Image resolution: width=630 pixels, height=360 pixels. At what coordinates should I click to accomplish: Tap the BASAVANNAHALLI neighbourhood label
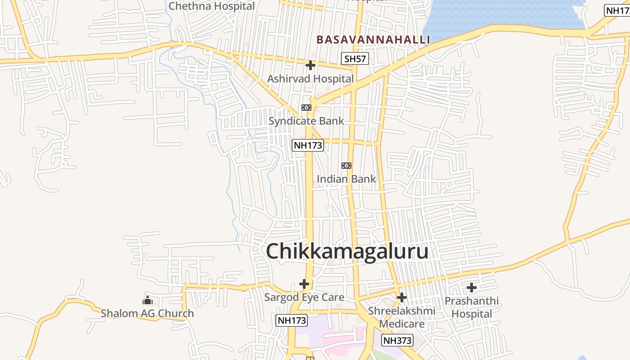(x=373, y=40)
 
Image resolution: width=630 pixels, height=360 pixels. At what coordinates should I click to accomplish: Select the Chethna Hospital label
(x=211, y=6)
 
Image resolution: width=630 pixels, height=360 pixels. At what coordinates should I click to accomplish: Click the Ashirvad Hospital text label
(x=310, y=79)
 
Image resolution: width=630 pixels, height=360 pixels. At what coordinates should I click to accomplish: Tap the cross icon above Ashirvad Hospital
(x=310, y=66)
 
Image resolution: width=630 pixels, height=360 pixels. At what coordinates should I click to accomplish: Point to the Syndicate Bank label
(x=306, y=121)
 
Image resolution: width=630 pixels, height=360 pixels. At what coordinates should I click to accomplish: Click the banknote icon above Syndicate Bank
(x=306, y=108)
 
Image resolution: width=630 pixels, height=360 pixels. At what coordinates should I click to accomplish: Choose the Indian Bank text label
(x=346, y=179)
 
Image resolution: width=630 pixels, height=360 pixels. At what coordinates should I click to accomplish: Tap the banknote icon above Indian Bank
(x=346, y=166)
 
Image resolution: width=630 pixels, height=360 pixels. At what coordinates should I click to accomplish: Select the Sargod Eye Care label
(x=304, y=297)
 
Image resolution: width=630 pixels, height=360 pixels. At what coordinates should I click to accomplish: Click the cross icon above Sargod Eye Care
(x=304, y=284)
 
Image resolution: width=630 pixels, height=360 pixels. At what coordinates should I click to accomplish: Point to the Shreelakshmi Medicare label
(x=401, y=317)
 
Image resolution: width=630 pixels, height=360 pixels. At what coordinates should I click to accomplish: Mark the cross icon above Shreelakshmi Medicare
(x=402, y=297)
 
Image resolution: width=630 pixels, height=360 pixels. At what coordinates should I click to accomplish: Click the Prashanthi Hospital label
(x=472, y=307)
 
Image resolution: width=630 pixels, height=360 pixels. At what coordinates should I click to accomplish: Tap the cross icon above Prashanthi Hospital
(x=472, y=287)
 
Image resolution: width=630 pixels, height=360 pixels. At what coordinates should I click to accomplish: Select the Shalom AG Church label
(x=147, y=313)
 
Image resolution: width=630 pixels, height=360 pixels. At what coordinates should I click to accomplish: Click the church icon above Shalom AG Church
(x=147, y=300)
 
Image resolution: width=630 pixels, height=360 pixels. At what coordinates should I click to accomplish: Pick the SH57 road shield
(x=355, y=58)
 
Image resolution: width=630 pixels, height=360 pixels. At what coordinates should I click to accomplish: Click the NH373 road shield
(x=397, y=340)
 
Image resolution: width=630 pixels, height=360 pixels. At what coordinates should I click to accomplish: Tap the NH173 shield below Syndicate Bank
(x=308, y=145)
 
